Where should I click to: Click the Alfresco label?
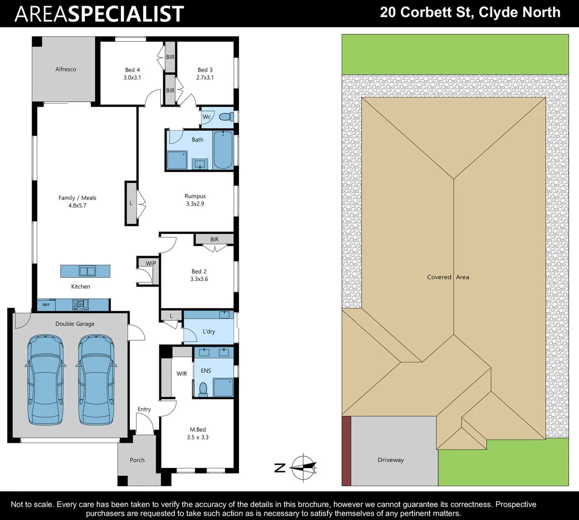(66, 69)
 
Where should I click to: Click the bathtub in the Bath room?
(223, 150)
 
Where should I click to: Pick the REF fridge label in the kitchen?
(46, 305)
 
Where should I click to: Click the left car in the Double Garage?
(45, 379)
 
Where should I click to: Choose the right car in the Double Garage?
(96, 379)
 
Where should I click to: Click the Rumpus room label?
(195, 196)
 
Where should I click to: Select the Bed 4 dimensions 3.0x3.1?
(129, 78)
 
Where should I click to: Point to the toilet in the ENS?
(203, 389)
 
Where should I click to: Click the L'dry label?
(209, 332)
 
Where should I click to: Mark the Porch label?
(137, 460)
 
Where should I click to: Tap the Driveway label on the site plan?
(391, 460)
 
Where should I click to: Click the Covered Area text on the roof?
(448, 277)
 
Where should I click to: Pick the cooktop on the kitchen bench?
(79, 304)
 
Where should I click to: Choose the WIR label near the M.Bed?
(182, 374)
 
